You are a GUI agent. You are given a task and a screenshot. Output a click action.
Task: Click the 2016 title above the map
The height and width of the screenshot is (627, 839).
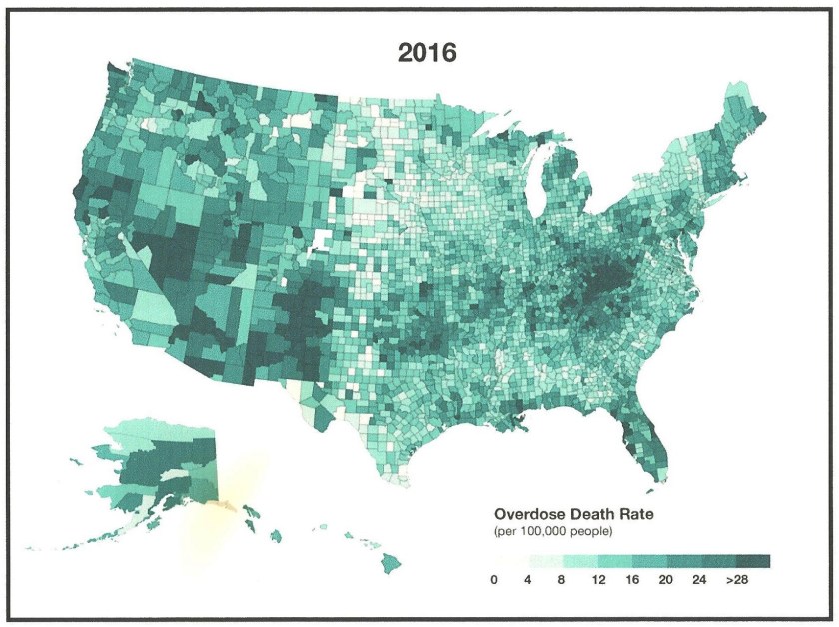(426, 53)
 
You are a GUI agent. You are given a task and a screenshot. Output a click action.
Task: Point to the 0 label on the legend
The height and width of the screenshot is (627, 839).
(494, 580)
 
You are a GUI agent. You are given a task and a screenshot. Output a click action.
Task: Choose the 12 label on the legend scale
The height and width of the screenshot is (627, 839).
(598, 580)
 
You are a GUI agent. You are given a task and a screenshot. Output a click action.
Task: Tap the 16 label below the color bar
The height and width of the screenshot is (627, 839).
(633, 580)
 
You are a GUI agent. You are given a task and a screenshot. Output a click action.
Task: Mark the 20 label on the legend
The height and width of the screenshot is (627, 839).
(667, 580)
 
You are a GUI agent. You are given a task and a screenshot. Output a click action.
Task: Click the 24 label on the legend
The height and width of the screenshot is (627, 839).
(702, 580)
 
